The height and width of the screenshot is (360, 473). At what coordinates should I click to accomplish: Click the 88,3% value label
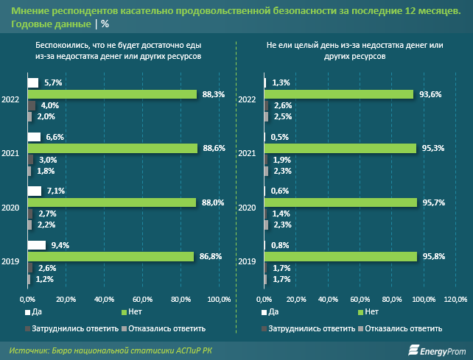[214, 94]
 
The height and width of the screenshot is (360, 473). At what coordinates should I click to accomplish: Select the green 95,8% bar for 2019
[342, 256]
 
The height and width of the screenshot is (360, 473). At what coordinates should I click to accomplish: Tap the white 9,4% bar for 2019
[36, 245]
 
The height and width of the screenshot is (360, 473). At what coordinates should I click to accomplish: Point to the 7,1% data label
[55, 191]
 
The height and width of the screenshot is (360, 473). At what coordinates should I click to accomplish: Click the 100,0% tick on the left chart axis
[219, 299]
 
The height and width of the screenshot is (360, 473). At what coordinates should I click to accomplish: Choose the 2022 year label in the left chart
[11, 99]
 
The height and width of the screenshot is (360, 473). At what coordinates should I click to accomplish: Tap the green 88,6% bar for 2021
[113, 149]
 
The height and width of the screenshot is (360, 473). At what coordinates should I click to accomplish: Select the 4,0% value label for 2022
[49, 105]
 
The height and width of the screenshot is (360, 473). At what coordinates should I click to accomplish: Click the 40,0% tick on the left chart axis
[104, 299]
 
